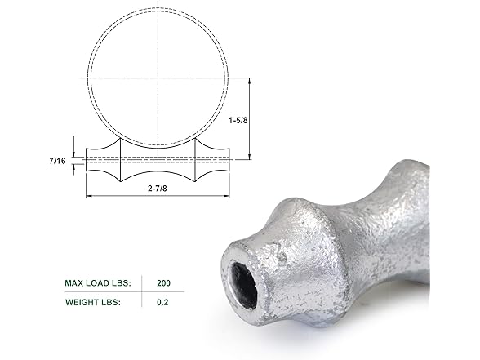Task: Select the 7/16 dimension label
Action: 57,162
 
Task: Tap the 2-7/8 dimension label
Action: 157,189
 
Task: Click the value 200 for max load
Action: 165,284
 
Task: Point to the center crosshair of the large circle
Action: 157,77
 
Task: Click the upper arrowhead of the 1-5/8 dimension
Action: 249,80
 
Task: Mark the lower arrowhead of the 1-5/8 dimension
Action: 249,157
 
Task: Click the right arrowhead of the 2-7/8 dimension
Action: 229,197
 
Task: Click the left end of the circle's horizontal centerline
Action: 81,77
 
